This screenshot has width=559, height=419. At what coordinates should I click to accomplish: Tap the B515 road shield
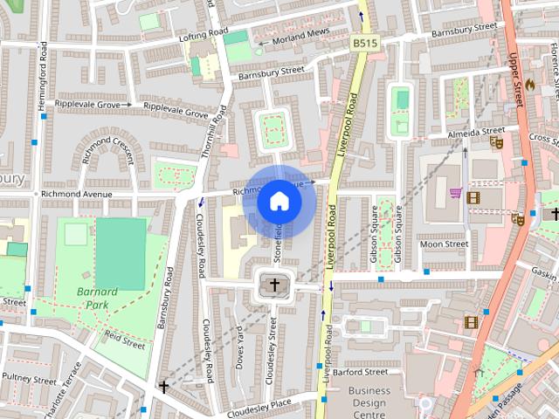coord(364,43)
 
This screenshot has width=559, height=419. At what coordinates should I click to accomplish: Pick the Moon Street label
coord(444,244)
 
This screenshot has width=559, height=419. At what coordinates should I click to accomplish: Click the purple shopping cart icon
coord(454,193)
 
